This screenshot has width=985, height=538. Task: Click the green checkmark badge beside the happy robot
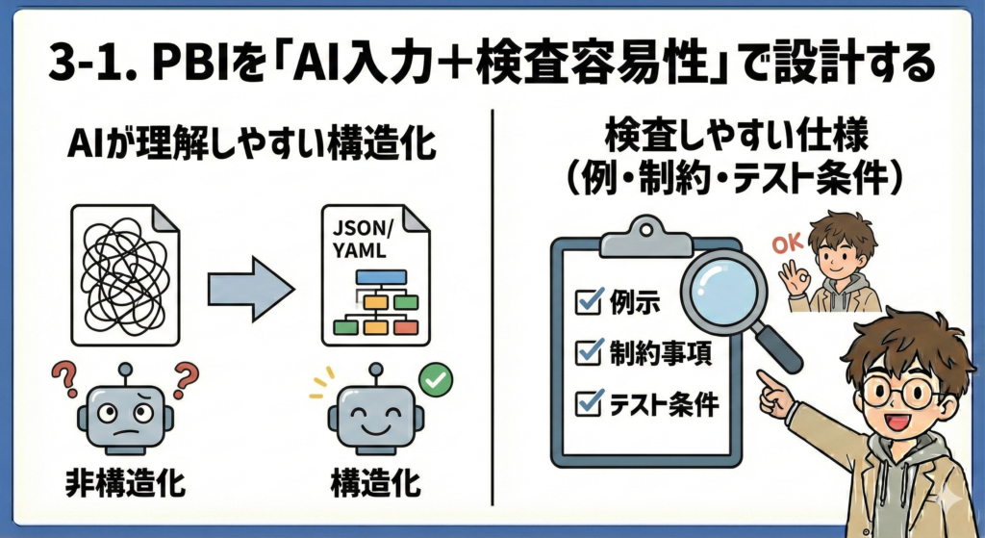pyautogui.click(x=438, y=381)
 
